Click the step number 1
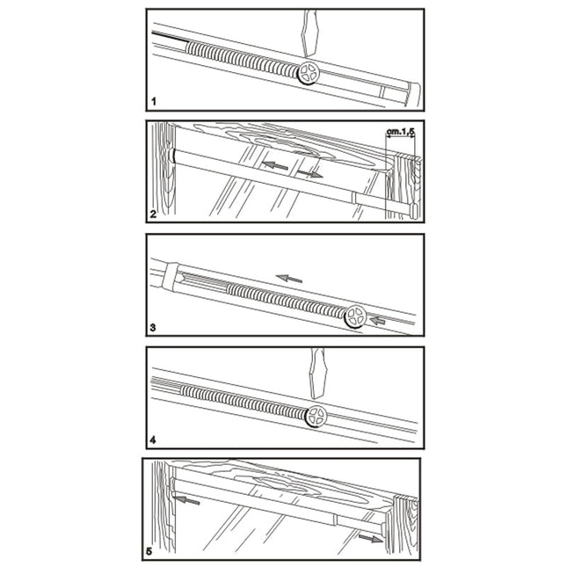click(154, 102)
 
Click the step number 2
click(153, 214)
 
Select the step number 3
click(153, 328)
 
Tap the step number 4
click(153, 440)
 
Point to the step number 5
click(149, 552)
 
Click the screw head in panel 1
click(309, 73)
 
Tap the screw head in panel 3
click(355, 316)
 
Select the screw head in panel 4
click(316, 417)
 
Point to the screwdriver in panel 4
click(318, 374)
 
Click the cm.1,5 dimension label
click(400, 132)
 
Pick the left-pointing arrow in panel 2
click(275, 165)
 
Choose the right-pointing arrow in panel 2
click(310, 174)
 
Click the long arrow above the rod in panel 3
click(289, 279)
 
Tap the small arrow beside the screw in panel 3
click(378, 320)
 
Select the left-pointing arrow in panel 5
click(186, 500)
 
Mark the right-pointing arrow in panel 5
click(371, 539)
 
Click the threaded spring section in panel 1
click(243, 58)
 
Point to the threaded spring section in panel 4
click(244, 401)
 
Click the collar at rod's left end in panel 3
click(171, 277)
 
